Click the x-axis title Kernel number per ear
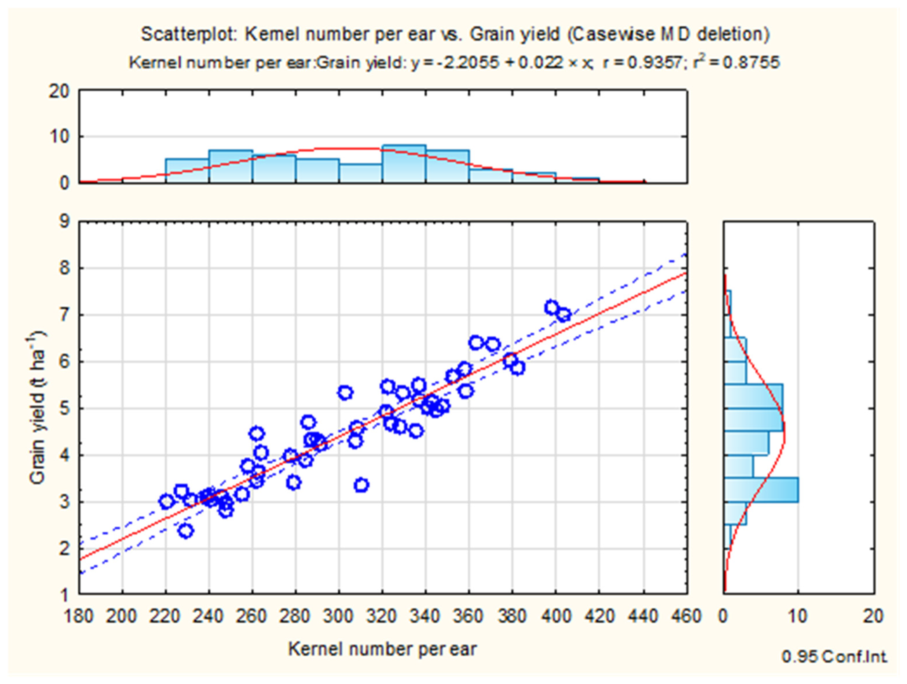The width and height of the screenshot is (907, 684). click(x=383, y=649)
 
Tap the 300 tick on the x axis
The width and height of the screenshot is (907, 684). click(x=339, y=616)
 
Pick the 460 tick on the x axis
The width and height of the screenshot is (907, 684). click(x=686, y=616)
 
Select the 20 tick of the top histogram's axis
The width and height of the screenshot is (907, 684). click(x=59, y=91)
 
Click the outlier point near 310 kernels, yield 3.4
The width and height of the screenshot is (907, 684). click(x=361, y=485)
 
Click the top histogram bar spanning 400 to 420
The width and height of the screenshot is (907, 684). click(x=577, y=180)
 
